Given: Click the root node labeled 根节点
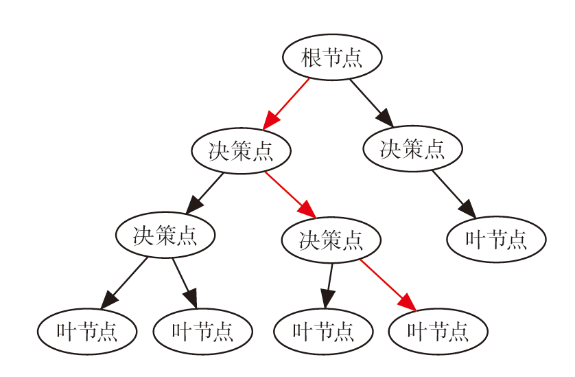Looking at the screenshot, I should [332, 58].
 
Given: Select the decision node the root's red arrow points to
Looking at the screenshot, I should [241, 150].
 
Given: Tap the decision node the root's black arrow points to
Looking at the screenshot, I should [412, 148].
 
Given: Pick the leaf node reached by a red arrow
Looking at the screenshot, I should [438, 332].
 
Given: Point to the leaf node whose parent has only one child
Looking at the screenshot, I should [496, 239].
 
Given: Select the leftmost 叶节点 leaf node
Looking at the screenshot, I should [87, 332].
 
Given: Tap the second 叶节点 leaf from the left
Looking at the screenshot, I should [202, 332].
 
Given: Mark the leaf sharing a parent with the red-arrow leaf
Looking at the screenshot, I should [323, 332].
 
